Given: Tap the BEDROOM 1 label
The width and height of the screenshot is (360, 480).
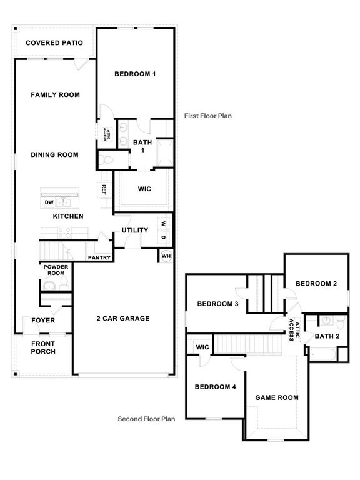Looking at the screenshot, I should point(134,74).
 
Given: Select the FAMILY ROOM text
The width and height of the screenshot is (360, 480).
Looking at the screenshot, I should point(56,95).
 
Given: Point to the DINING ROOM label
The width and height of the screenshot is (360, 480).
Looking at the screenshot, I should point(55,154).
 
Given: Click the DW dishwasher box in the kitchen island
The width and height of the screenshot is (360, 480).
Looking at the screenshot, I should point(48,202).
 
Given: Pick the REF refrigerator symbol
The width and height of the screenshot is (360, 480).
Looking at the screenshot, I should point(104,189).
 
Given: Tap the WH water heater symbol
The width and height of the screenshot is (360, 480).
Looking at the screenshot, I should point(166,256).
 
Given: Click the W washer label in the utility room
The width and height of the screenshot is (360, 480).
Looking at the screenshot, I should point(163,223).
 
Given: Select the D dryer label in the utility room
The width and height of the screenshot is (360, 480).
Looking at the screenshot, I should point(163,237).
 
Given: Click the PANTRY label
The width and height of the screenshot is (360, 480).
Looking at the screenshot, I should point(99,257).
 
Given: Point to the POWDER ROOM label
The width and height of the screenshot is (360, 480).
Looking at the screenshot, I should point(55,270).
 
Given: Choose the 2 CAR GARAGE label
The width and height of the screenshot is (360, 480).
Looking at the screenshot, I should point(122,318).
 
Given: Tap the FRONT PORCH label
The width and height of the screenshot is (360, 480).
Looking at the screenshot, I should point(43,347).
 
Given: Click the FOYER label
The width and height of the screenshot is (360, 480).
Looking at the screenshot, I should point(43,321).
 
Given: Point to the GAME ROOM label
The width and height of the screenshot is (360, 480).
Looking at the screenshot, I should point(277,397).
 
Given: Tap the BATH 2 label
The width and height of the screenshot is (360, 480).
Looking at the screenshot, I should point(327,336).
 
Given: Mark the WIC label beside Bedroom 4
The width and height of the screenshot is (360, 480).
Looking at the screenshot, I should point(202,347).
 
